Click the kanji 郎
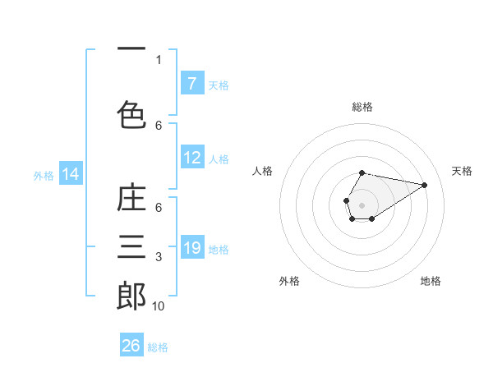(x=131, y=296)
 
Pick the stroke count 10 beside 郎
(x=159, y=306)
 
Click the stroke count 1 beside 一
(x=159, y=59)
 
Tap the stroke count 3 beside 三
(x=159, y=258)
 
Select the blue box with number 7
(x=191, y=83)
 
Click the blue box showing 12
(x=191, y=158)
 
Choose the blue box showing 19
(x=191, y=248)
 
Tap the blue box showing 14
(x=70, y=174)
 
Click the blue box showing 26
(x=131, y=346)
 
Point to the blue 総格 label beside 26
(x=159, y=347)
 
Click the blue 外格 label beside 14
(x=44, y=175)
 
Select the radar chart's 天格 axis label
(x=462, y=171)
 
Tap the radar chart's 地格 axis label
(x=431, y=281)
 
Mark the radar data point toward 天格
(x=425, y=185)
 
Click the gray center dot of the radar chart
(x=362, y=204)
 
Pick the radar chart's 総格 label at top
(x=362, y=107)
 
